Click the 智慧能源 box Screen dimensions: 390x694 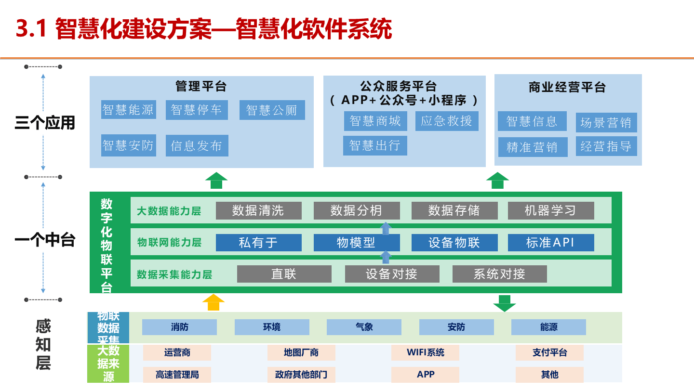tap(128, 110)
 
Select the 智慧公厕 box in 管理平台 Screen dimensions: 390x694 tap(272, 110)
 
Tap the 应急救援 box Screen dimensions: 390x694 tap(446, 121)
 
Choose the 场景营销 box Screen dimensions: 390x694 tap(606, 123)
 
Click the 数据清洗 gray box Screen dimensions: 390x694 tap(258, 210)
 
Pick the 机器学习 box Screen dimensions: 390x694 tap(550, 210)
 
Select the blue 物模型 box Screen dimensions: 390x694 tap(356, 243)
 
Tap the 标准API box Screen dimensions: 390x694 tap(550, 243)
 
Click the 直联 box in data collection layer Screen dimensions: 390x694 tap(284, 274)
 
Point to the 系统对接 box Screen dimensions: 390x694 tap(499, 274)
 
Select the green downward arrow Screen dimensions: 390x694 tap(504, 303)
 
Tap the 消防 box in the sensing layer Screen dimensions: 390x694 tap(179, 327)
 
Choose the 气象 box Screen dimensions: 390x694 tap(364, 327)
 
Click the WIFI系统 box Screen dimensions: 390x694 tap(425, 352)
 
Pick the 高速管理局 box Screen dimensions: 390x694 tap(177, 375)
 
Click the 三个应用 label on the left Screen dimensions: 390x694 tap(45, 123)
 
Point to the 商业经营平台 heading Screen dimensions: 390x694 tap(567, 88)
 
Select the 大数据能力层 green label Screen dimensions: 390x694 tap(169, 211)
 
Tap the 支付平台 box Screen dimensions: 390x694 tap(549, 352)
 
